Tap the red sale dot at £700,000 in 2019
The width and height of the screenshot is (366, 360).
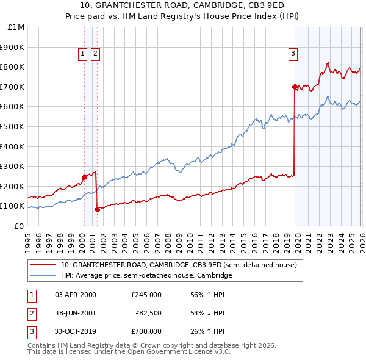[x=295, y=87]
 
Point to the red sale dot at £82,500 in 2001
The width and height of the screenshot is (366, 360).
[x=97, y=209]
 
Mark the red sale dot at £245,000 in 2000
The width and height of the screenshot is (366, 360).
[x=84, y=177]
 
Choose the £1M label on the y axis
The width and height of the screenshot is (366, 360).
[x=16, y=27]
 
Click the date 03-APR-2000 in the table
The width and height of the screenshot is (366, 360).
[x=76, y=295]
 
